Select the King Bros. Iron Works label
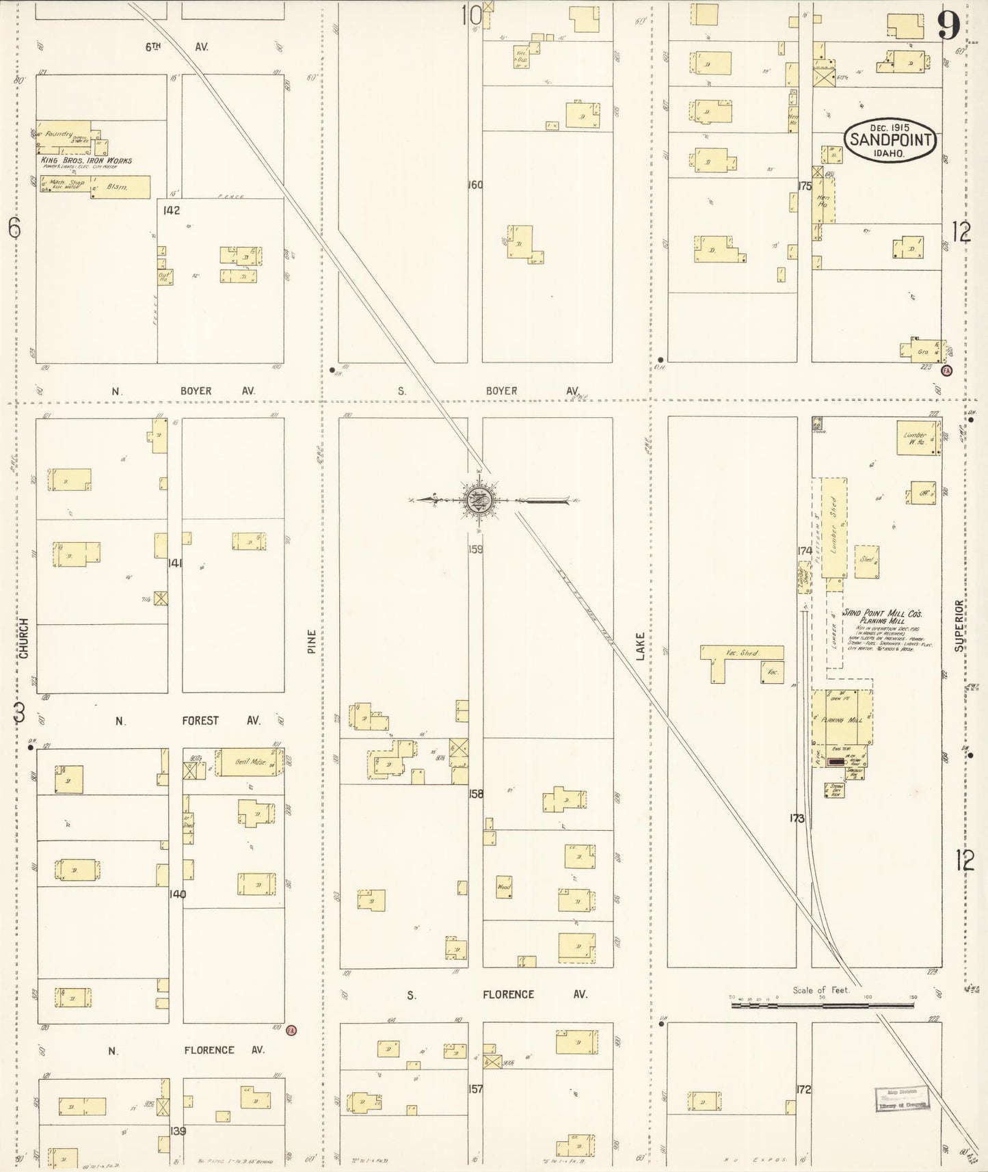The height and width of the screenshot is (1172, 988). coord(86,161)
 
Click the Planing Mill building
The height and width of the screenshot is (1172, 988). coord(842,719)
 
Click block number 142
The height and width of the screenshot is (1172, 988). coord(172,211)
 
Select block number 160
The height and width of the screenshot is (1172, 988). coord(475,185)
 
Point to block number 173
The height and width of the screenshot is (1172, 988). coord(797,818)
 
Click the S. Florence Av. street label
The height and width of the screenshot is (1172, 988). coord(497,995)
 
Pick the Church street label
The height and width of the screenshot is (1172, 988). coord(25,638)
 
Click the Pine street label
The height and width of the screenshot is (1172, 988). coord(312,641)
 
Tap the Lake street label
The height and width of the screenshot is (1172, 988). coord(640,646)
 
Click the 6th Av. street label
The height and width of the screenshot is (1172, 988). coord(176,47)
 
